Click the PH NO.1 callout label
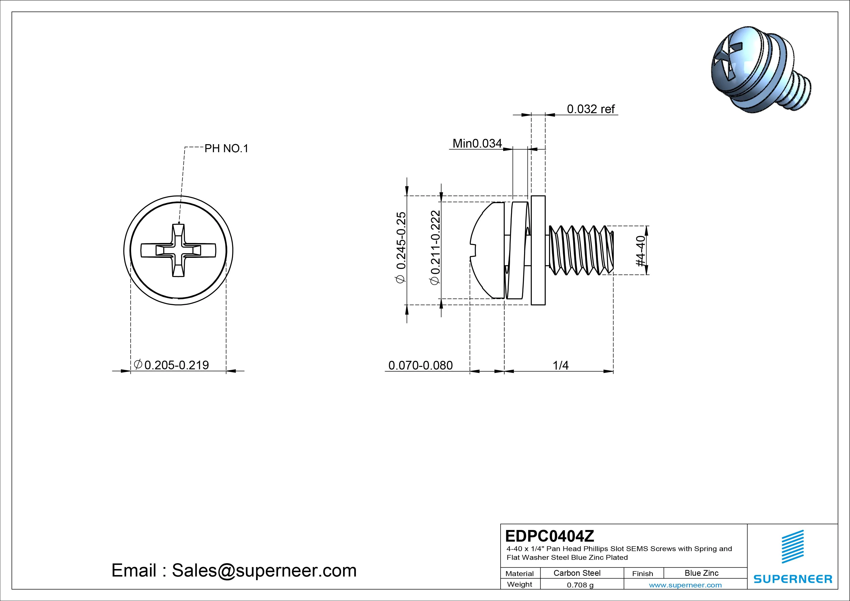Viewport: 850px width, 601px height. pos(226,149)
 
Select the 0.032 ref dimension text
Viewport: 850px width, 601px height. pos(590,109)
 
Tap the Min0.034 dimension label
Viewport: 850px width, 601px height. pos(477,143)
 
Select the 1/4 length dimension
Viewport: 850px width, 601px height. pos(560,365)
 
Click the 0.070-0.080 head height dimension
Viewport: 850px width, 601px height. pos(421,365)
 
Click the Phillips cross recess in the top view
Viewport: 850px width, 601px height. pos(178,251)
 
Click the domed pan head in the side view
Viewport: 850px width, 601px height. pos(487,250)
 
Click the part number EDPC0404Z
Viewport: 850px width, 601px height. pos(549,536)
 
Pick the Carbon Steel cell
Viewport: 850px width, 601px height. pos(577,573)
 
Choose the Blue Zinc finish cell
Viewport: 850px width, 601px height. pos(701,573)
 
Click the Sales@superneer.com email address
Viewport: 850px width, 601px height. pos(264,571)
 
